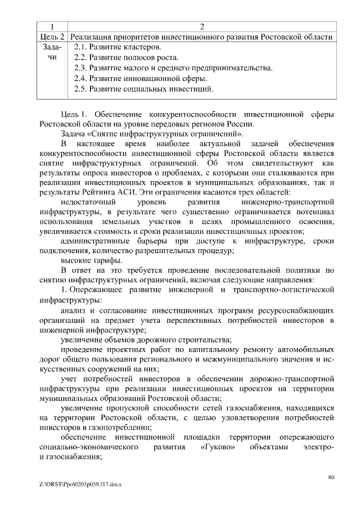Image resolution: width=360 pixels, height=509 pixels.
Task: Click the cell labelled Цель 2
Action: click(x=52, y=37)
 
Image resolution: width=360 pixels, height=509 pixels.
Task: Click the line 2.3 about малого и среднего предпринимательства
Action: click(x=173, y=68)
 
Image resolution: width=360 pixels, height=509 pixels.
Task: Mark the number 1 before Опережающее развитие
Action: click(x=64, y=290)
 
